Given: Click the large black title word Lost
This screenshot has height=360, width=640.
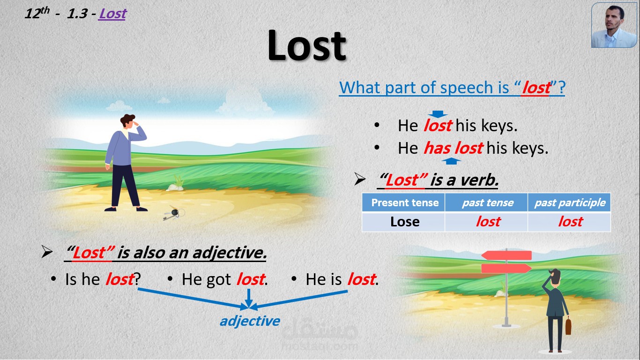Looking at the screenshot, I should click(307, 46).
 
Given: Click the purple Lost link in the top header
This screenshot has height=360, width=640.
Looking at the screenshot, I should click(112, 14).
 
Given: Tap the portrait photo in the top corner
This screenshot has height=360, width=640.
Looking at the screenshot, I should click(614, 25).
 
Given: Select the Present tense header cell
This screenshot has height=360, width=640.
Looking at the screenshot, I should click(404, 203).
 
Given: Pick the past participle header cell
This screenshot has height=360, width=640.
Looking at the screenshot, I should click(570, 203).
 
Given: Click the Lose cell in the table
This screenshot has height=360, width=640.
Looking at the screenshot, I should click(404, 222).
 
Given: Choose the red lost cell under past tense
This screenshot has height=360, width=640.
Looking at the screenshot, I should click(488, 222).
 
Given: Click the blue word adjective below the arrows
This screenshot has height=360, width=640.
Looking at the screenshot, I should click(250, 321).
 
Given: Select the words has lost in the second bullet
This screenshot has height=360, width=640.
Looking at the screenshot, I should click(453, 148).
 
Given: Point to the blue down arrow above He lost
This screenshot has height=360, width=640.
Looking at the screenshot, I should click(438, 114).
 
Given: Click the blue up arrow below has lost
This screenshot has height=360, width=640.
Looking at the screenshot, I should click(451, 161).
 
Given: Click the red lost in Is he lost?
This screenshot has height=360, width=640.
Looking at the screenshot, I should click(119, 279).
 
